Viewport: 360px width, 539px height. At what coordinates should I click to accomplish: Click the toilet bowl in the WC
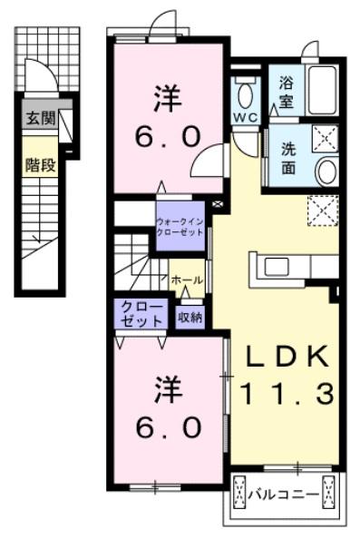pos(245,91)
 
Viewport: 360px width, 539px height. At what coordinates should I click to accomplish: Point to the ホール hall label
pos(186,280)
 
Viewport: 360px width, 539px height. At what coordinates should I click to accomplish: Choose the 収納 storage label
pos(190,317)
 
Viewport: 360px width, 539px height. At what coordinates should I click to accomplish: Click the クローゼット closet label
pos(138,316)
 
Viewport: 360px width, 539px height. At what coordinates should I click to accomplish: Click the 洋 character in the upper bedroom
pos(166,94)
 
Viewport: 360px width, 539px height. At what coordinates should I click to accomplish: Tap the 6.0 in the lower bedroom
pos(166,426)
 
